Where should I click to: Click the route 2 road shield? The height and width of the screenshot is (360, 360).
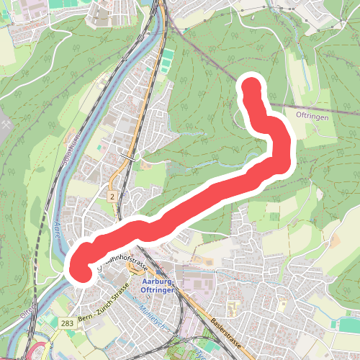point(113,196)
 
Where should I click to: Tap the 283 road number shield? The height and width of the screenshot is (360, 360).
point(66,323)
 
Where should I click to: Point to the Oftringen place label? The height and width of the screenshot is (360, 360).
point(312,114)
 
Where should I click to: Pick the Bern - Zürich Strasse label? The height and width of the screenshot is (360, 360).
point(102,302)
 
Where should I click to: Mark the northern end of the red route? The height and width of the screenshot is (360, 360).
point(251,87)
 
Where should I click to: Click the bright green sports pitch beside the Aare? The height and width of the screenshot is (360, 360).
point(167,55)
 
